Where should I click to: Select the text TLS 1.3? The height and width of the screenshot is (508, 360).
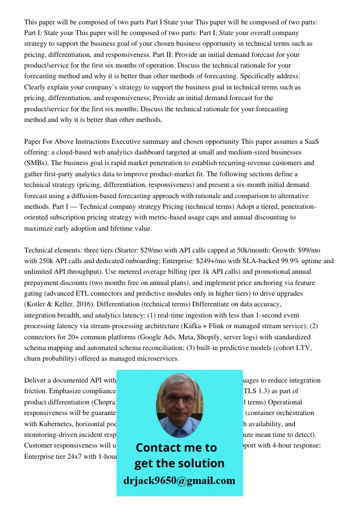[x=251, y=391]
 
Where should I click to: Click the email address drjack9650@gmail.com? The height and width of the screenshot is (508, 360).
[x=179, y=481]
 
